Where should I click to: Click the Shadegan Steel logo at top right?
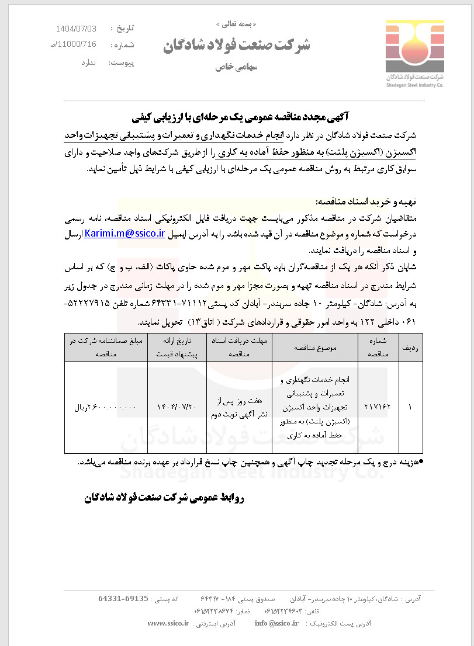pyautogui.click(x=414, y=53)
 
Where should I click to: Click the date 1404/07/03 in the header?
pyautogui.click(x=84, y=28)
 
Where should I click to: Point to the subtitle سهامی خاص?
pyautogui.click(x=236, y=67)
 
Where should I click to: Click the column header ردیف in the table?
pyautogui.click(x=407, y=347)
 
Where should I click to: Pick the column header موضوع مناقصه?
pyautogui.click(x=316, y=347)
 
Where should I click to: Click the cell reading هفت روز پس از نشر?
pyautogui.click(x=239, y=407)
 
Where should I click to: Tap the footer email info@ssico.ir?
pyautogui.click(x=276, y=623)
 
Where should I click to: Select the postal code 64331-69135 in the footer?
pyautogui.click(x=123, y=599)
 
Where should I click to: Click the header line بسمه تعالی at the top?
pyautogui.click(x=237, y=24)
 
